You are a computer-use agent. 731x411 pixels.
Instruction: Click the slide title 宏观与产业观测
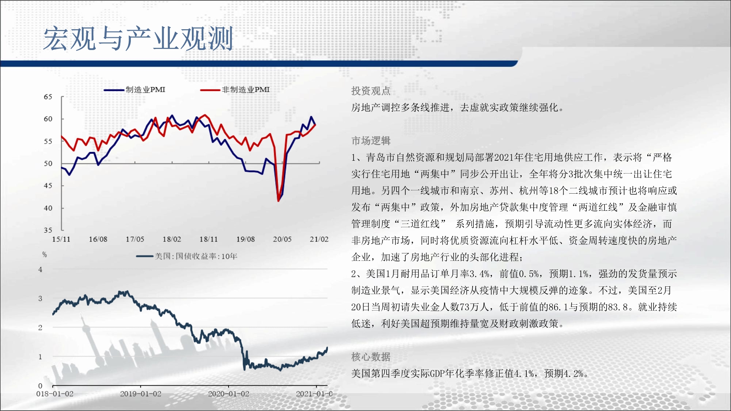pos(138,38)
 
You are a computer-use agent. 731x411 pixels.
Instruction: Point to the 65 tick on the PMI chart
pos(48,97)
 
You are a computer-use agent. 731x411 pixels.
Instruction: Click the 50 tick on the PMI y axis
pos(48,163)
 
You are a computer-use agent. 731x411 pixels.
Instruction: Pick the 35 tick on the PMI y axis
pos(48,230)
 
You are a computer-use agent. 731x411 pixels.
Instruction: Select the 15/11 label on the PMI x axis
pos(61,239)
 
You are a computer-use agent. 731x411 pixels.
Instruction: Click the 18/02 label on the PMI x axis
pos(172,239)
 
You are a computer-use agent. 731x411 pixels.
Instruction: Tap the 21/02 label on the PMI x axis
pos(319,239)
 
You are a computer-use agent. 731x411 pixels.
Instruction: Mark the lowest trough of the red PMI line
pos(279,201)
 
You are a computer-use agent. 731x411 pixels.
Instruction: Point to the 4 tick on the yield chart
pos(40,270)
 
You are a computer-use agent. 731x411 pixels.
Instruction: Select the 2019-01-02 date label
pos(141,394)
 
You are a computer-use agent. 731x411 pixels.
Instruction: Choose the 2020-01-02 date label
pos(228,394)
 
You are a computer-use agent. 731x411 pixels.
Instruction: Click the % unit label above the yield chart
pos(45,255)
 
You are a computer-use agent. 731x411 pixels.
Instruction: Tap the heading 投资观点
pos(371,91)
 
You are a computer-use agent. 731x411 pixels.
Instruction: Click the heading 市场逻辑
pos(371,141)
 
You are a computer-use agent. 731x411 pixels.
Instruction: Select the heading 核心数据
pos(371,357)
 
